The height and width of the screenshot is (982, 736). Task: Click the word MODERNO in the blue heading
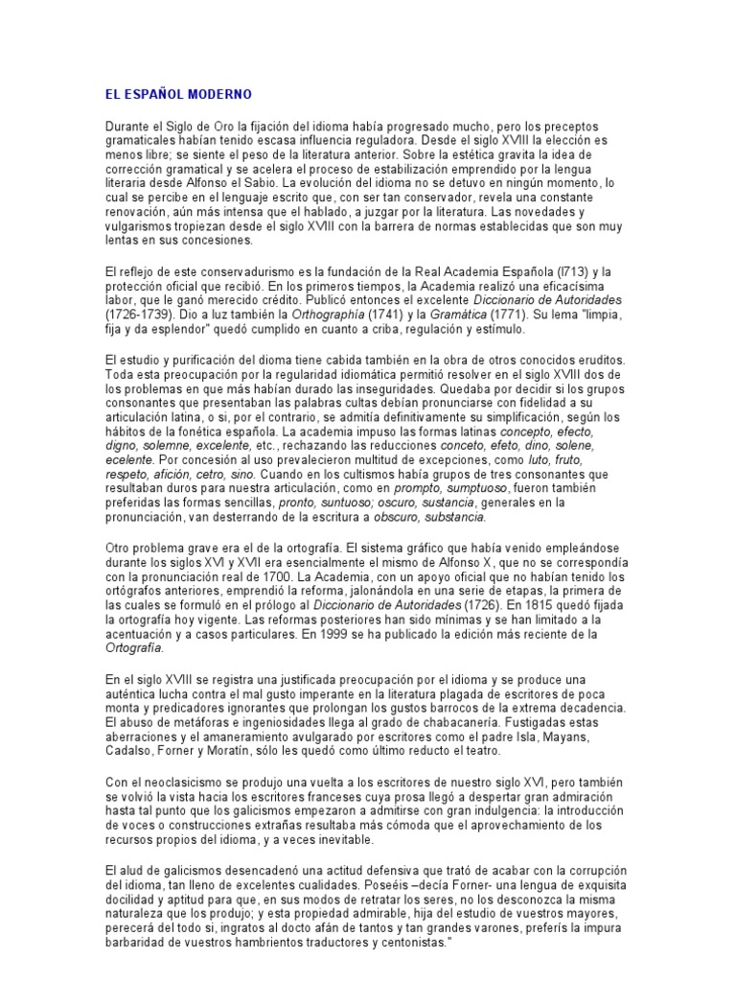tap(219, 95)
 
